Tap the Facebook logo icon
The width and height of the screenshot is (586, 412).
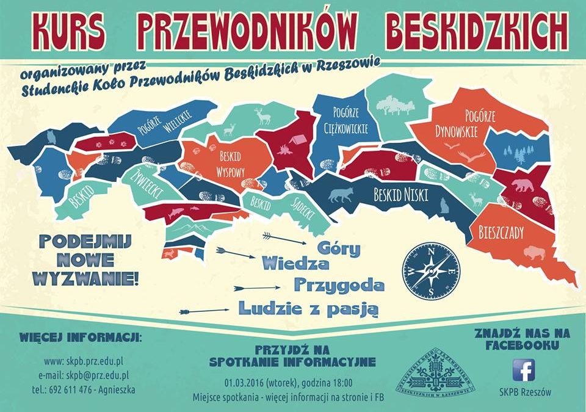[x=523, y=370]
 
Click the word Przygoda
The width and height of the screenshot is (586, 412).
[x=339, y=284]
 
